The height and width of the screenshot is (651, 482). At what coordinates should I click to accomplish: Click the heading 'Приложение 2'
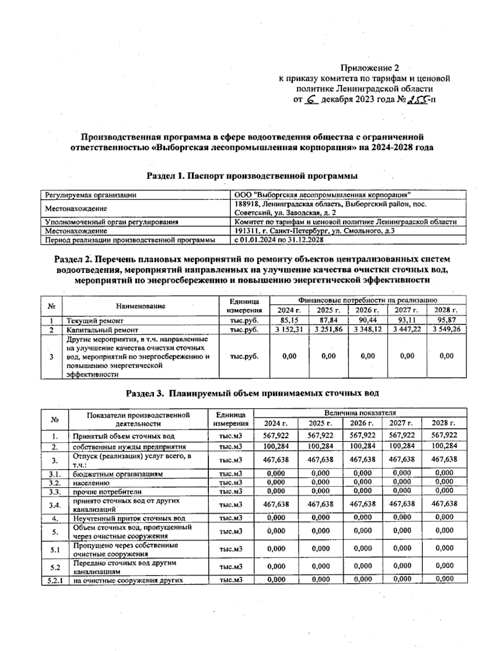click(370, 68)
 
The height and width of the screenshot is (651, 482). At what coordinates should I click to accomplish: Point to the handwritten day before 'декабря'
click(311, 99)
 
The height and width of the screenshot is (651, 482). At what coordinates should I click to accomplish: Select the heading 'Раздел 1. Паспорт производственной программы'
click(252, 175)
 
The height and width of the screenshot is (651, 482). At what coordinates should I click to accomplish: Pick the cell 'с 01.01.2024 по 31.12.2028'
click(280, 240)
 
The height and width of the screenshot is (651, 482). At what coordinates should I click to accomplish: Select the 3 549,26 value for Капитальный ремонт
click(446, 330)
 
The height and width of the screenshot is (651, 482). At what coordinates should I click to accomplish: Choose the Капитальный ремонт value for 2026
click(368, 330)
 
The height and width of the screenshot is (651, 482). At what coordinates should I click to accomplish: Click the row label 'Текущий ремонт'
click(95, 321)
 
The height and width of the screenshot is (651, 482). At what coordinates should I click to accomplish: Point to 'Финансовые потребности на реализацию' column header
click(368, 300)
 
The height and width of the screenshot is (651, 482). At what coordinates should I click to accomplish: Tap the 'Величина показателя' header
click(360, 413)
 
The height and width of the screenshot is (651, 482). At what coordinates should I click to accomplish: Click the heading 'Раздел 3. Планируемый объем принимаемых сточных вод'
click(252, 393)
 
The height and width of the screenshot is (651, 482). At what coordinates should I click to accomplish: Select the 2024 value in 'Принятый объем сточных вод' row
click(276, 435)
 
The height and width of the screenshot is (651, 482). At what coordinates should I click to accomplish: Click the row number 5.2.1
click(55, 580)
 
